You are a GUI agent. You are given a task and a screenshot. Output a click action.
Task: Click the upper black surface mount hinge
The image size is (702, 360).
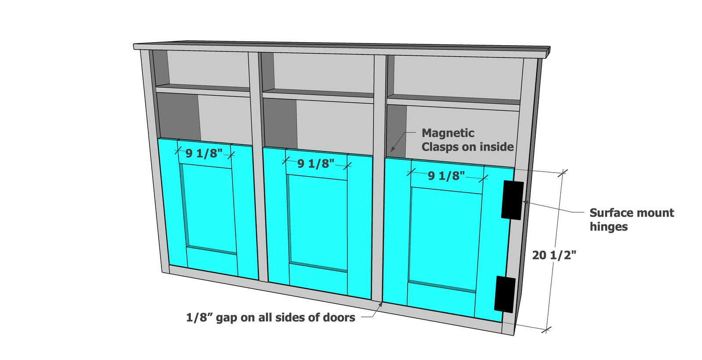(512, 200)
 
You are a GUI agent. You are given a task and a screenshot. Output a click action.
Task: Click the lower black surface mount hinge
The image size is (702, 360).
(505, 295)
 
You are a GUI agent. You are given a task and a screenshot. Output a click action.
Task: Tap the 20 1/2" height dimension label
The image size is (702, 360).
(554, 255)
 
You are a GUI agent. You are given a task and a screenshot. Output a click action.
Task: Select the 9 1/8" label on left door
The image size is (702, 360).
(204, 153)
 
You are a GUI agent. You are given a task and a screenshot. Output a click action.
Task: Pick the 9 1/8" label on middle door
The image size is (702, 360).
(316, 163)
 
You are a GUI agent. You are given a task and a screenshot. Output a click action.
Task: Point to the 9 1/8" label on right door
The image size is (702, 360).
(446, 176)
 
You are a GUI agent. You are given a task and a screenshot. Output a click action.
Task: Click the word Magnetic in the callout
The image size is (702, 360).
(448, 133)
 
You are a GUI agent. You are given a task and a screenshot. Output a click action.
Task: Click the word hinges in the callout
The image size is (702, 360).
(609, 227)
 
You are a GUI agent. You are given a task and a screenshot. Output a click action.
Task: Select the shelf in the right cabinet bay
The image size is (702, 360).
(454, 102)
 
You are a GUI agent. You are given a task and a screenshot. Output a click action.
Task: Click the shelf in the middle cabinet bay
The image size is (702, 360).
(318, 96)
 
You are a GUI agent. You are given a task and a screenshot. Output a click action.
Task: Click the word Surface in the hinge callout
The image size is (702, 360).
(609, 213)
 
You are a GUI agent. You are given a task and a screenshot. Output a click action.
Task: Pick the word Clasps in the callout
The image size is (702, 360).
(441, 147)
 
